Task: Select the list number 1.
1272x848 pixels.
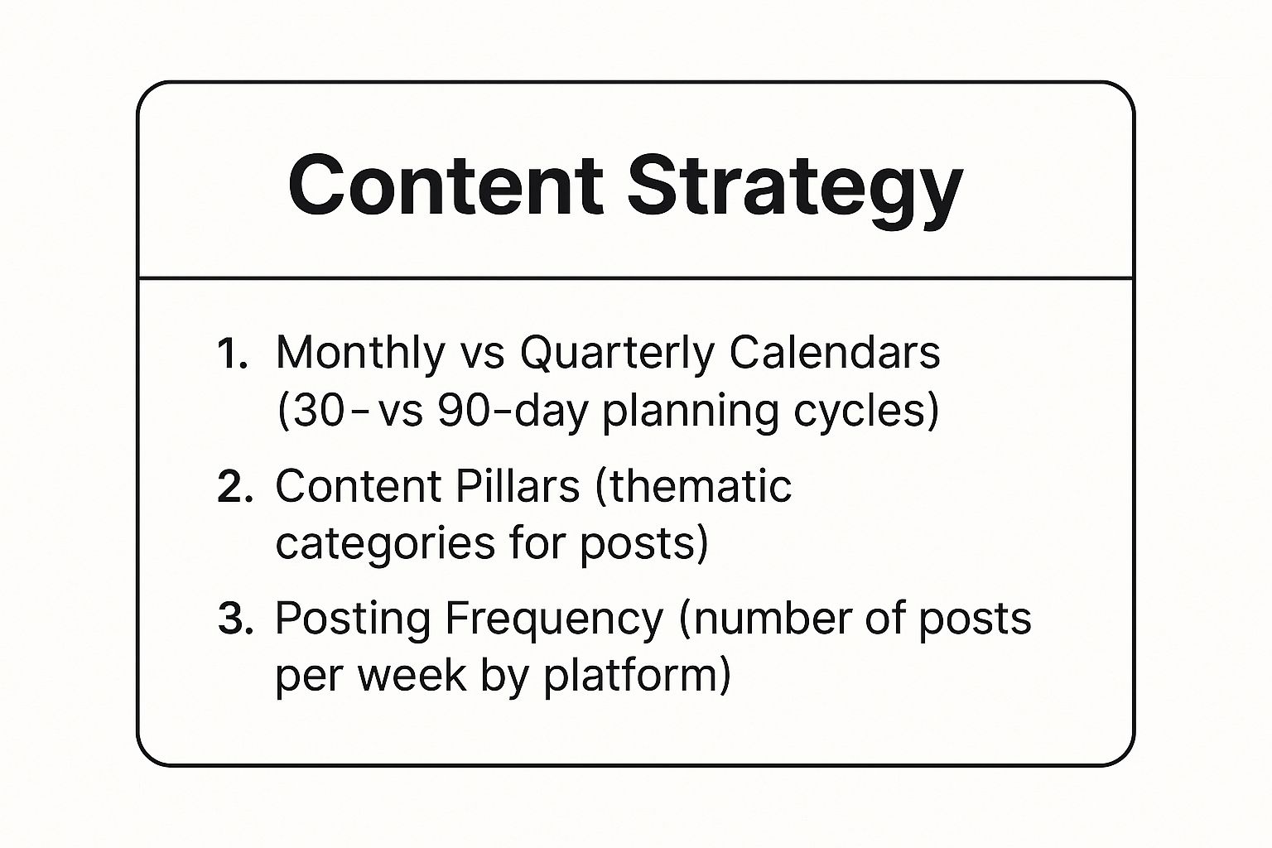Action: (x=231, y=354)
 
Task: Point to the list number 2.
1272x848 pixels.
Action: (x=234, y=487)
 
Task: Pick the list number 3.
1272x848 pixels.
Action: (x=234, y=619)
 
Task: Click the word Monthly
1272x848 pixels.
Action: (x=360, y=354)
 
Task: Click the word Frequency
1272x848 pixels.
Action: (x=554, y=619)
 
